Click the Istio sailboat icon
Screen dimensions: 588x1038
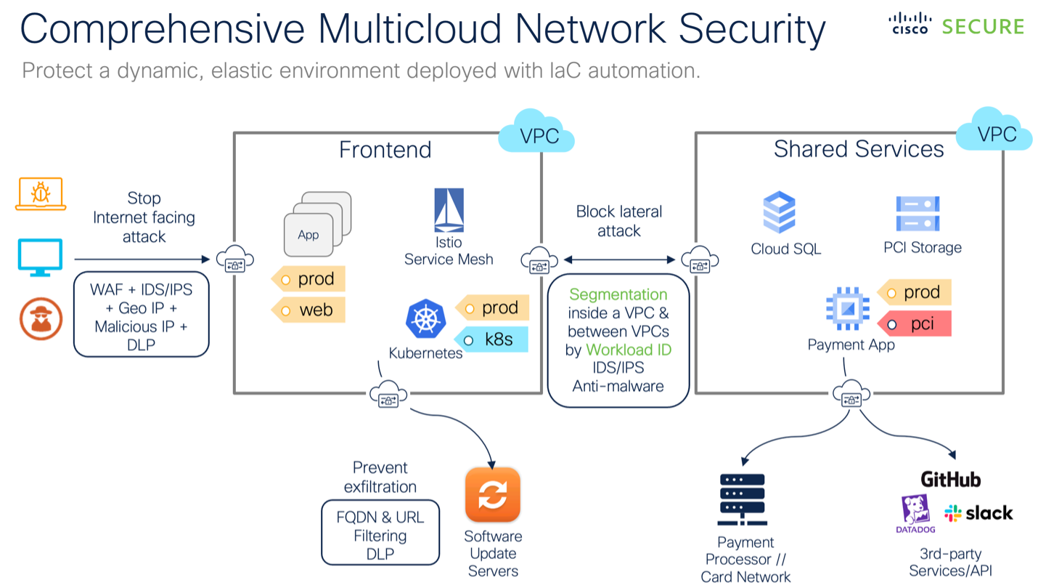pos(449,211)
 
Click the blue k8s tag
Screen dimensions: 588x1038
pos(491,339)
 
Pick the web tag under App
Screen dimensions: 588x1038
pos(308,310)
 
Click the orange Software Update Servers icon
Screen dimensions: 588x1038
pos(493,495)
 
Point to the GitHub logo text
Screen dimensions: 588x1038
pos(950,480)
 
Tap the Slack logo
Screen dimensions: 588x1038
pos(978,513)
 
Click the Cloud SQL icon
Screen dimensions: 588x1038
pos(779,212)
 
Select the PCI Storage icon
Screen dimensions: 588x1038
pos(918,214)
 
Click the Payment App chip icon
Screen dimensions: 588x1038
pos(847,309)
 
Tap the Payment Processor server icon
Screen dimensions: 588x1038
pos(742,500)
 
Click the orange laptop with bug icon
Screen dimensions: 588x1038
pos(40,194)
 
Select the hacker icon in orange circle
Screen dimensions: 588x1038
pos(41,319)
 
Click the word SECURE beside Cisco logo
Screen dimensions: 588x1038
pos(983,27)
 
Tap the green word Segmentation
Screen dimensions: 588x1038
pos(618,294)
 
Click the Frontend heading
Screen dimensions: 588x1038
pos(385,150)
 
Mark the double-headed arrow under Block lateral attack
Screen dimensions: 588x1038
pos(619,259)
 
